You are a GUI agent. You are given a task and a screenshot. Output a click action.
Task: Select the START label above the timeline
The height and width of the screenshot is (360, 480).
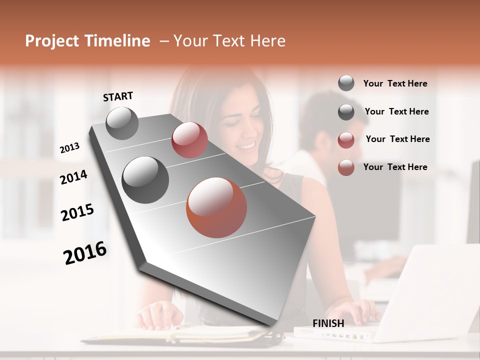coord(118,96)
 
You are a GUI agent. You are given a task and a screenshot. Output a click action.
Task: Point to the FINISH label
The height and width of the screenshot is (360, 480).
coord(328,323)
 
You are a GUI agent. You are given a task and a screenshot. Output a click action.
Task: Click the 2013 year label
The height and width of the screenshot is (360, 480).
coord(69,148)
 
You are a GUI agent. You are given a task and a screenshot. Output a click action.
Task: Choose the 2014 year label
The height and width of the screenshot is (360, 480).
coord(73,177)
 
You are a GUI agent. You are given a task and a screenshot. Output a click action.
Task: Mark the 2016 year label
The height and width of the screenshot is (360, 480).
coord(85,253)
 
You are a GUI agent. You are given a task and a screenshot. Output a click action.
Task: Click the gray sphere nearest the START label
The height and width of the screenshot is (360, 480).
coord(122,123)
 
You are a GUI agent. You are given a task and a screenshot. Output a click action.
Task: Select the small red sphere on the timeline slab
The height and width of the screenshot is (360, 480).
coord(189,140)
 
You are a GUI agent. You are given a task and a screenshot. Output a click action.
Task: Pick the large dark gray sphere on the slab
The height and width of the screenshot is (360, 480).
coord(145,179)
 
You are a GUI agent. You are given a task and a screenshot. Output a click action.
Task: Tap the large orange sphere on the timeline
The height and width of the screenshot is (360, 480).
coord(216,207)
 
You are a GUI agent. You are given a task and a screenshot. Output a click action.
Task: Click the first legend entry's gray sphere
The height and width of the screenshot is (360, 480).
coord(346,83)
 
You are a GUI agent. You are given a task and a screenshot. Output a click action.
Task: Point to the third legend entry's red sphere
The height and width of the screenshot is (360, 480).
coord(346,139)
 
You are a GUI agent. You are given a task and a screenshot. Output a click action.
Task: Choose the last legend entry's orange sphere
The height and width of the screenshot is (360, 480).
coord(346,167)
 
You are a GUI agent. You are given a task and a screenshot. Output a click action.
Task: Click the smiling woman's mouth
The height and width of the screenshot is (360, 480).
coord(245,146)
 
